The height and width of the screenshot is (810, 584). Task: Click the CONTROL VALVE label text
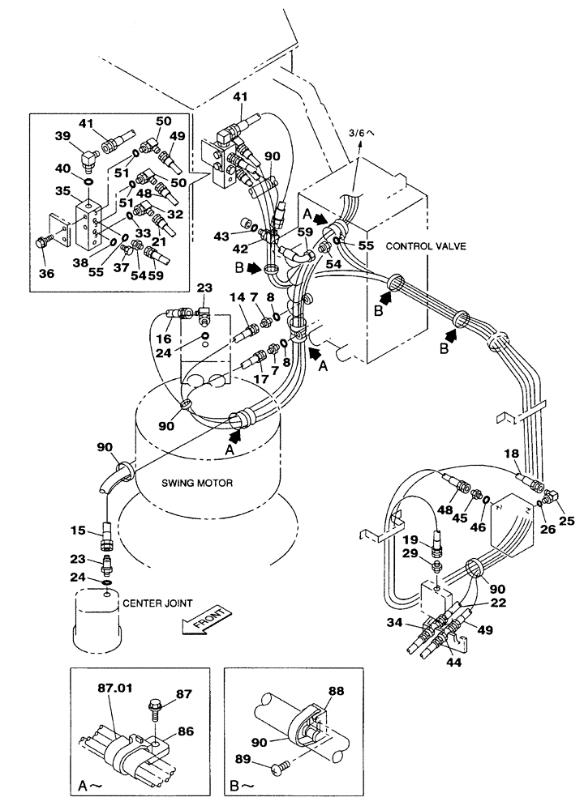pos(424,245)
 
